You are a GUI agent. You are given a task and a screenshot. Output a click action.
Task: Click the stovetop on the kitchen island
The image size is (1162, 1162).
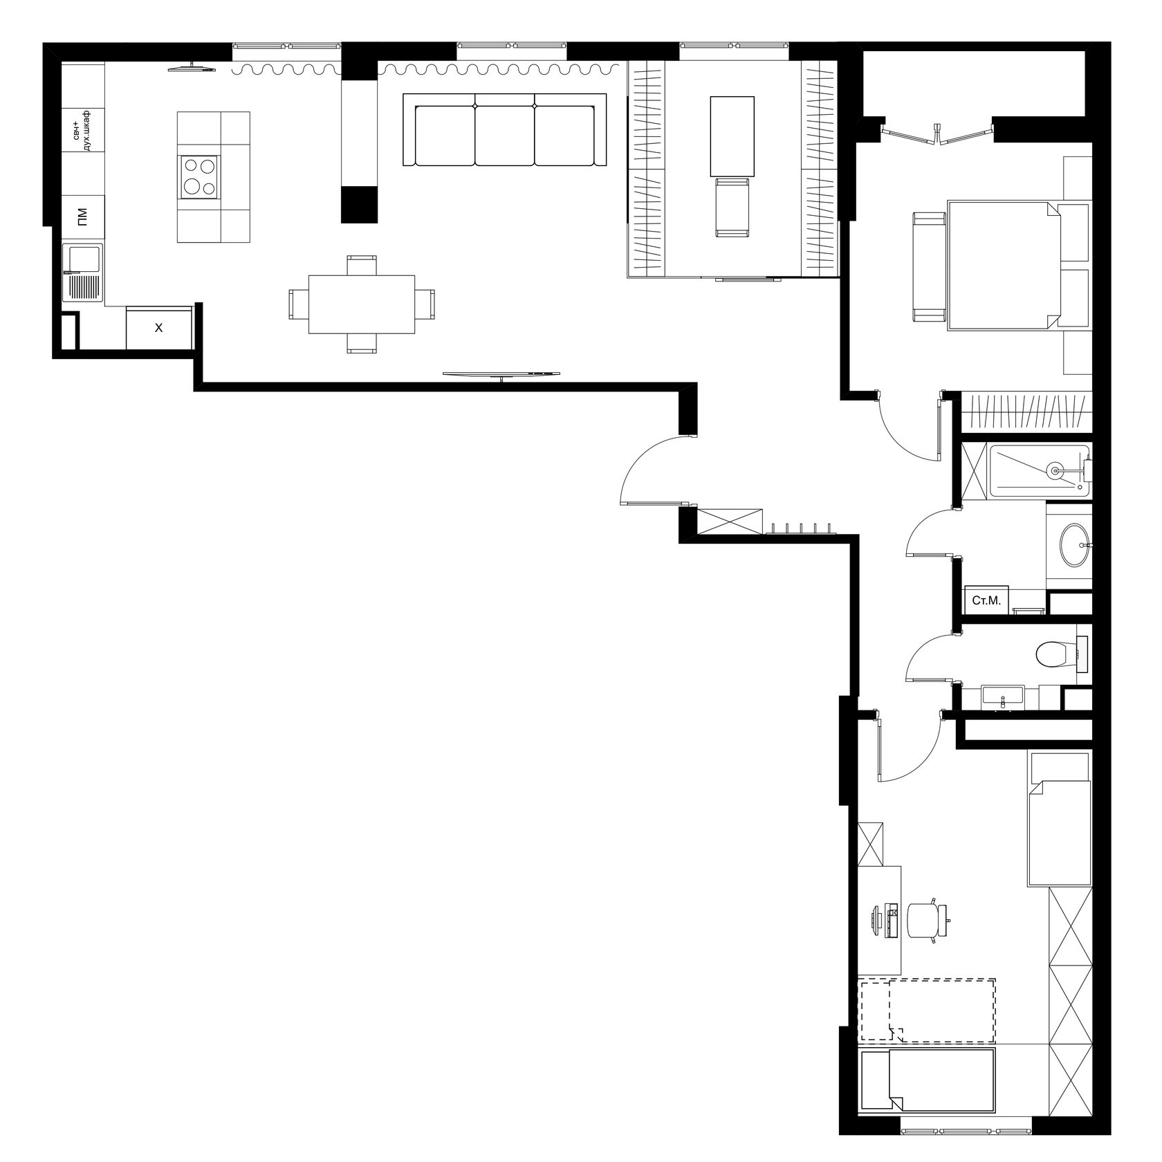pos(199,176)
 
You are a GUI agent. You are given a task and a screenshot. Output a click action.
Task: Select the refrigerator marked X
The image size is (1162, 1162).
pos(158,328)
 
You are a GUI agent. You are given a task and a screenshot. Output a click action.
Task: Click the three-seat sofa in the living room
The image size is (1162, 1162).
pos(505,130)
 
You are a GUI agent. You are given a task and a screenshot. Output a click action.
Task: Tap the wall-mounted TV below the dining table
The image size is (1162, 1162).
pos(501,374)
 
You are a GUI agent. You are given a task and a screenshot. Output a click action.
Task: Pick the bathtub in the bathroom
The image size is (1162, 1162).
pos(1040,470)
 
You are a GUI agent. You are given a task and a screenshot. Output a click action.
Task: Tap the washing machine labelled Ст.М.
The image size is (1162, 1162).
pos(987,600)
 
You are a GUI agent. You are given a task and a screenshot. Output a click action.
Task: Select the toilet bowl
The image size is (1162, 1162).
pos(1055,653)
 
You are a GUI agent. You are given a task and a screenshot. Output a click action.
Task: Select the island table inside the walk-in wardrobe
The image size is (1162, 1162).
pos(732,136)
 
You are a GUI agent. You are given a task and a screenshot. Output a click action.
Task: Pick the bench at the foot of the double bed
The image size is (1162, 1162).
pos(929,267)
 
